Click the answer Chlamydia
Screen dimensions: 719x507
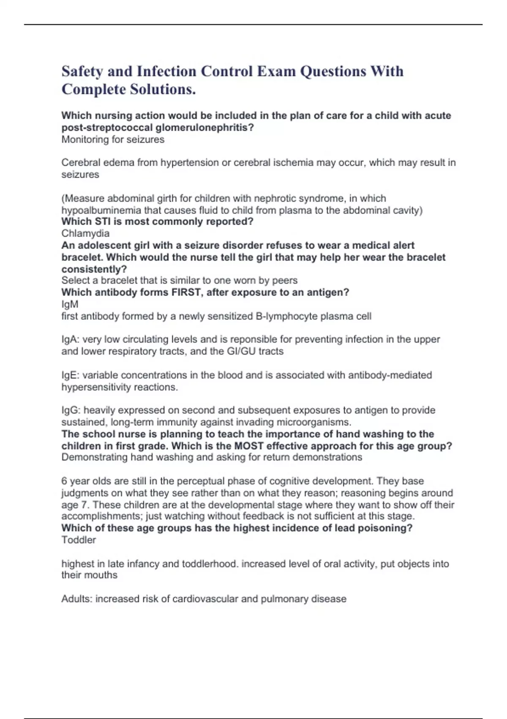85,233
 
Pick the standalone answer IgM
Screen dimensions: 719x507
70,304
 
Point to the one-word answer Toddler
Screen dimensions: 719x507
79,540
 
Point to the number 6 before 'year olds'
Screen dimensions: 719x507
64,481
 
